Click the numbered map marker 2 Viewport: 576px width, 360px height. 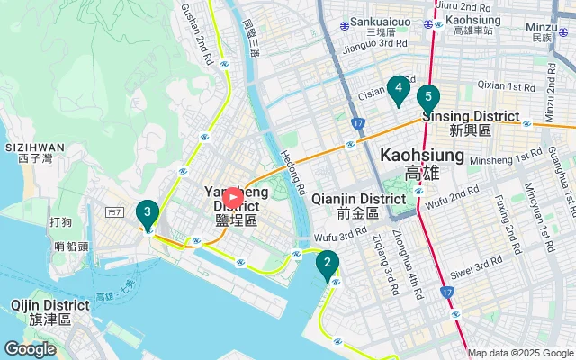click(x=327, y=264)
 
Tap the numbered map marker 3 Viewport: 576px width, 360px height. click(x=147, y=212)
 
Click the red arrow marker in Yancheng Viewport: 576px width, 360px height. click(x=231, y=196)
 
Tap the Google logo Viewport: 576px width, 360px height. click(x=31, y=348)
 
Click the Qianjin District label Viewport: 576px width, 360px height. click(x=359, y=199)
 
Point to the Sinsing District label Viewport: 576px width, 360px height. click(x=471, y=117)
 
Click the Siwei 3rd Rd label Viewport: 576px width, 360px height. click(x=477, y=263)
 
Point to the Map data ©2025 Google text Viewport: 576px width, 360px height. click(x=519, y=353)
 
